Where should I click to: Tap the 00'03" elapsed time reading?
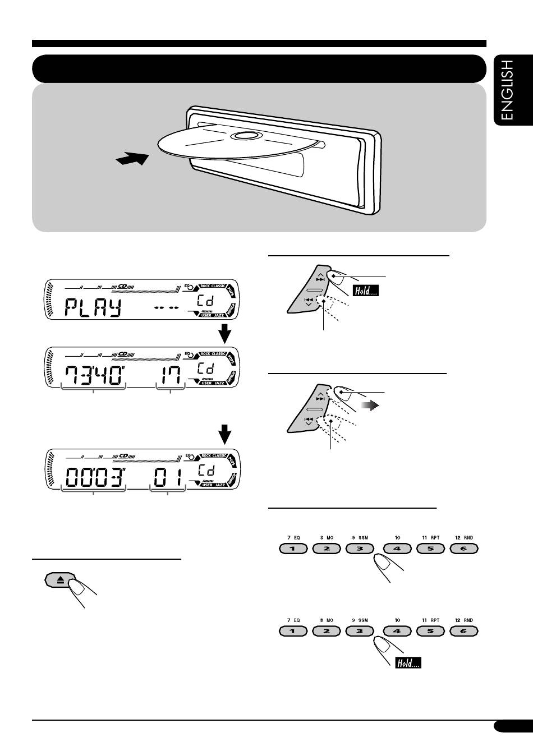[94, 478]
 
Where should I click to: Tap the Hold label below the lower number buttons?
[408, 663]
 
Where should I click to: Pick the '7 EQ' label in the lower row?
[293, 620]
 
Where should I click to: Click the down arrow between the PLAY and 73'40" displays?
[224, 334]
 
